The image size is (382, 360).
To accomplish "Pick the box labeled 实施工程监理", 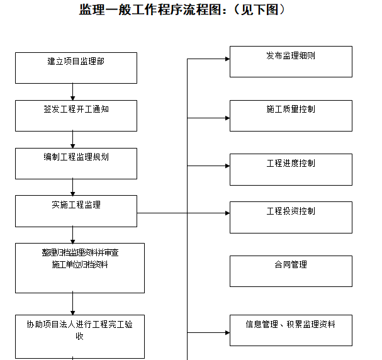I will tap(76, 211).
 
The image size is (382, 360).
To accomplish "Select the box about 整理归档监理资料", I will tap(80, 267).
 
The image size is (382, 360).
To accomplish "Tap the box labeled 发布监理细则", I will tap(291, 62).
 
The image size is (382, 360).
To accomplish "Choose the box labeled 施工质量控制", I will tap(291, 115).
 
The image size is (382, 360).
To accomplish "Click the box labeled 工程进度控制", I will tap(291, 169).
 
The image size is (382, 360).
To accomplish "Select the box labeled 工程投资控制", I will tap(291, 217).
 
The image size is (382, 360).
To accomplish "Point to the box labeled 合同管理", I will tap(291, 271).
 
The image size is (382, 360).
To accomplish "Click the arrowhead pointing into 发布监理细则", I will tap(227, 59).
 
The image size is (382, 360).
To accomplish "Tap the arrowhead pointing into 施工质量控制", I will tap(227, 112).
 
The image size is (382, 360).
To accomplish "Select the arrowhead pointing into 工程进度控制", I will tap(227, 166).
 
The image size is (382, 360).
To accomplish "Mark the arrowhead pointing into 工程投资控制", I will tap(227, 213).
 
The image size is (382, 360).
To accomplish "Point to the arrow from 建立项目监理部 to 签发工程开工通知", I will tap(73, 92).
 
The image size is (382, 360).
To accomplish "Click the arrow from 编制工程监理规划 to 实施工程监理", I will tap(73, 187).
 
